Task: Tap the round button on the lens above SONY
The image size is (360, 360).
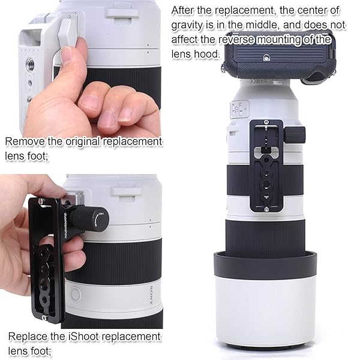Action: [x=75, y=294]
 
